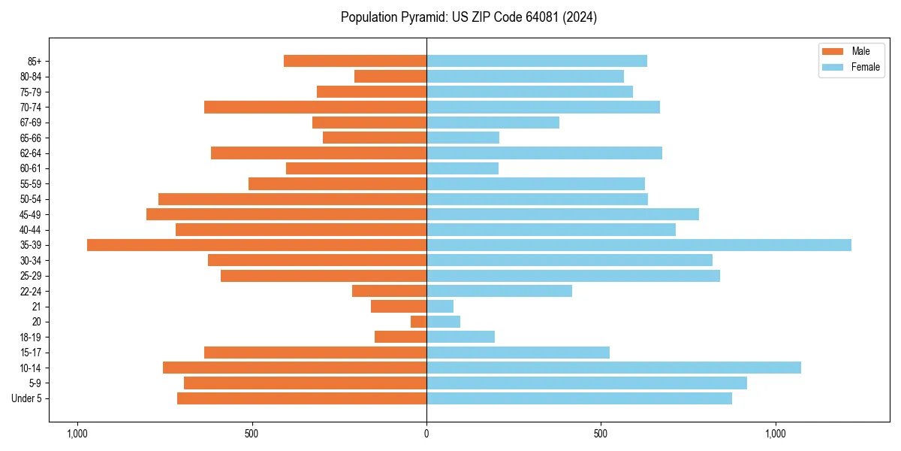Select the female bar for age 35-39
pos(638,245)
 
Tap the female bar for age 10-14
pos(613,368)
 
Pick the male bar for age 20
pos(419,322)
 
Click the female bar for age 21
pos(440,307)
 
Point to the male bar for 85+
pos(355,61)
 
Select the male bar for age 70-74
pos(315,107)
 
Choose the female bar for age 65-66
pos(463,138)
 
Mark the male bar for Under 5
pos(302,398)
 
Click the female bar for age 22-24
pos(499,291)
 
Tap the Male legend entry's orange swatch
pos(833,51)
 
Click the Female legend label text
pos(865,67)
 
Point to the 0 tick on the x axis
pos(426,433)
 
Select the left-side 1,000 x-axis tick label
pos(77,433)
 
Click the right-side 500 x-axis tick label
pos(601,433)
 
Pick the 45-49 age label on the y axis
pos(31,214)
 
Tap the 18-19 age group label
pos(31,337)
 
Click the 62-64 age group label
pos(31,153)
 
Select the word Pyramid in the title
pos(422,17)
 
